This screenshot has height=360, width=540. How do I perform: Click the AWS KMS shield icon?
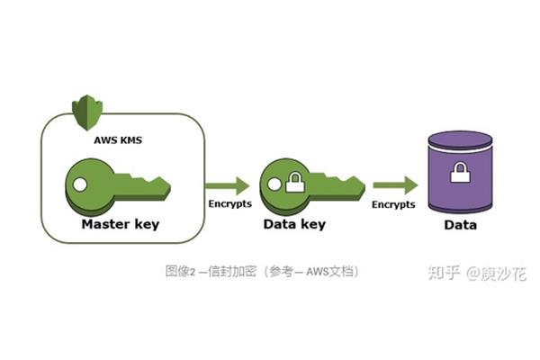[x=87, y=112]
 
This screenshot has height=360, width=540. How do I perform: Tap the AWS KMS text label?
[x=118, y=140]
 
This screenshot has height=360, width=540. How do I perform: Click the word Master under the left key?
[x=105, y=224]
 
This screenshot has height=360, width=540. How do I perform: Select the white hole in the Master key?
[x=80, y=184]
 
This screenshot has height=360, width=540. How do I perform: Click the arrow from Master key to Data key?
[x=228, y=186]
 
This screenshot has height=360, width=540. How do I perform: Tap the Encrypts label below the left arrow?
[x=230, y=203]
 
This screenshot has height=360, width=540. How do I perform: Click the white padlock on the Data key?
[x=295, y=182]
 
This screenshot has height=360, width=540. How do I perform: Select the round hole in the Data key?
[x=274, y=184]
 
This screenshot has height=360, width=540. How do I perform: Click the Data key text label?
[x=294, y=224]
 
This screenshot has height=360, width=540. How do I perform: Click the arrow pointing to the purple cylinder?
[x=395, y=185]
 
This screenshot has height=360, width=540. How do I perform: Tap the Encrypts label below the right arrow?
[x=393, y=204]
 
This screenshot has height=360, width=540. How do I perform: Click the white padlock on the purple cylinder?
[x=461, y=172]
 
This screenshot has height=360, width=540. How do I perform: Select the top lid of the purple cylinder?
[x=460, y=139]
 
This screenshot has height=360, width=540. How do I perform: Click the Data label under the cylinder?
[x=461, y=225]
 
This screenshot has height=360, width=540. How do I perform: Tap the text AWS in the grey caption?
[x=316, y=272]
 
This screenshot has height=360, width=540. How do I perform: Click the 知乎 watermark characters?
[x=445, y=273]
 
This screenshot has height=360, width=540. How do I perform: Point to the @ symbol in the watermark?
[x=473, y=274]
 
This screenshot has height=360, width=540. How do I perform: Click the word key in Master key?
[x=147, y=225]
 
